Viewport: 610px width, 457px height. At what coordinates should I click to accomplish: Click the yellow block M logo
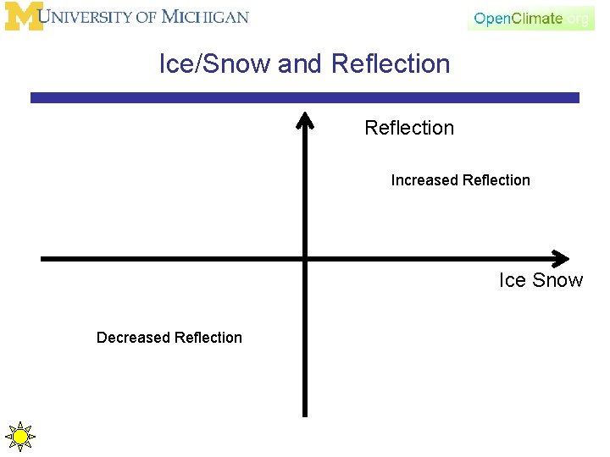(x=23, y=17)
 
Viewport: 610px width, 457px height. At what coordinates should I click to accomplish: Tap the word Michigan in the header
(x=205, y=17)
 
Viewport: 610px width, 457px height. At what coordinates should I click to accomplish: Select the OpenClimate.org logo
(x=530, y=19)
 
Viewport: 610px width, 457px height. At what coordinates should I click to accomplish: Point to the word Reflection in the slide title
(x=391, y=64)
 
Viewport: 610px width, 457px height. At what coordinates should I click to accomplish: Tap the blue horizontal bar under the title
(x=305, y=98)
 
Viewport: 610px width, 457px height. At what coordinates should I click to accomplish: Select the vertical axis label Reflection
(x=409, y=128)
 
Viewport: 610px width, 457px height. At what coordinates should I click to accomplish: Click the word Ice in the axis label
(x=513, y=281)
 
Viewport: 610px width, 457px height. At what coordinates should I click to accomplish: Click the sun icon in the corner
(x=19, y=437)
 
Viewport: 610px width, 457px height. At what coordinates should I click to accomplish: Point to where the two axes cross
(x=305, y=259)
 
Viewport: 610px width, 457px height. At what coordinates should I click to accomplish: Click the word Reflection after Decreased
(x=208, y=338)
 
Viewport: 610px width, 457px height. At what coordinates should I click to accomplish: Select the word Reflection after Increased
(x=496, y=180)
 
